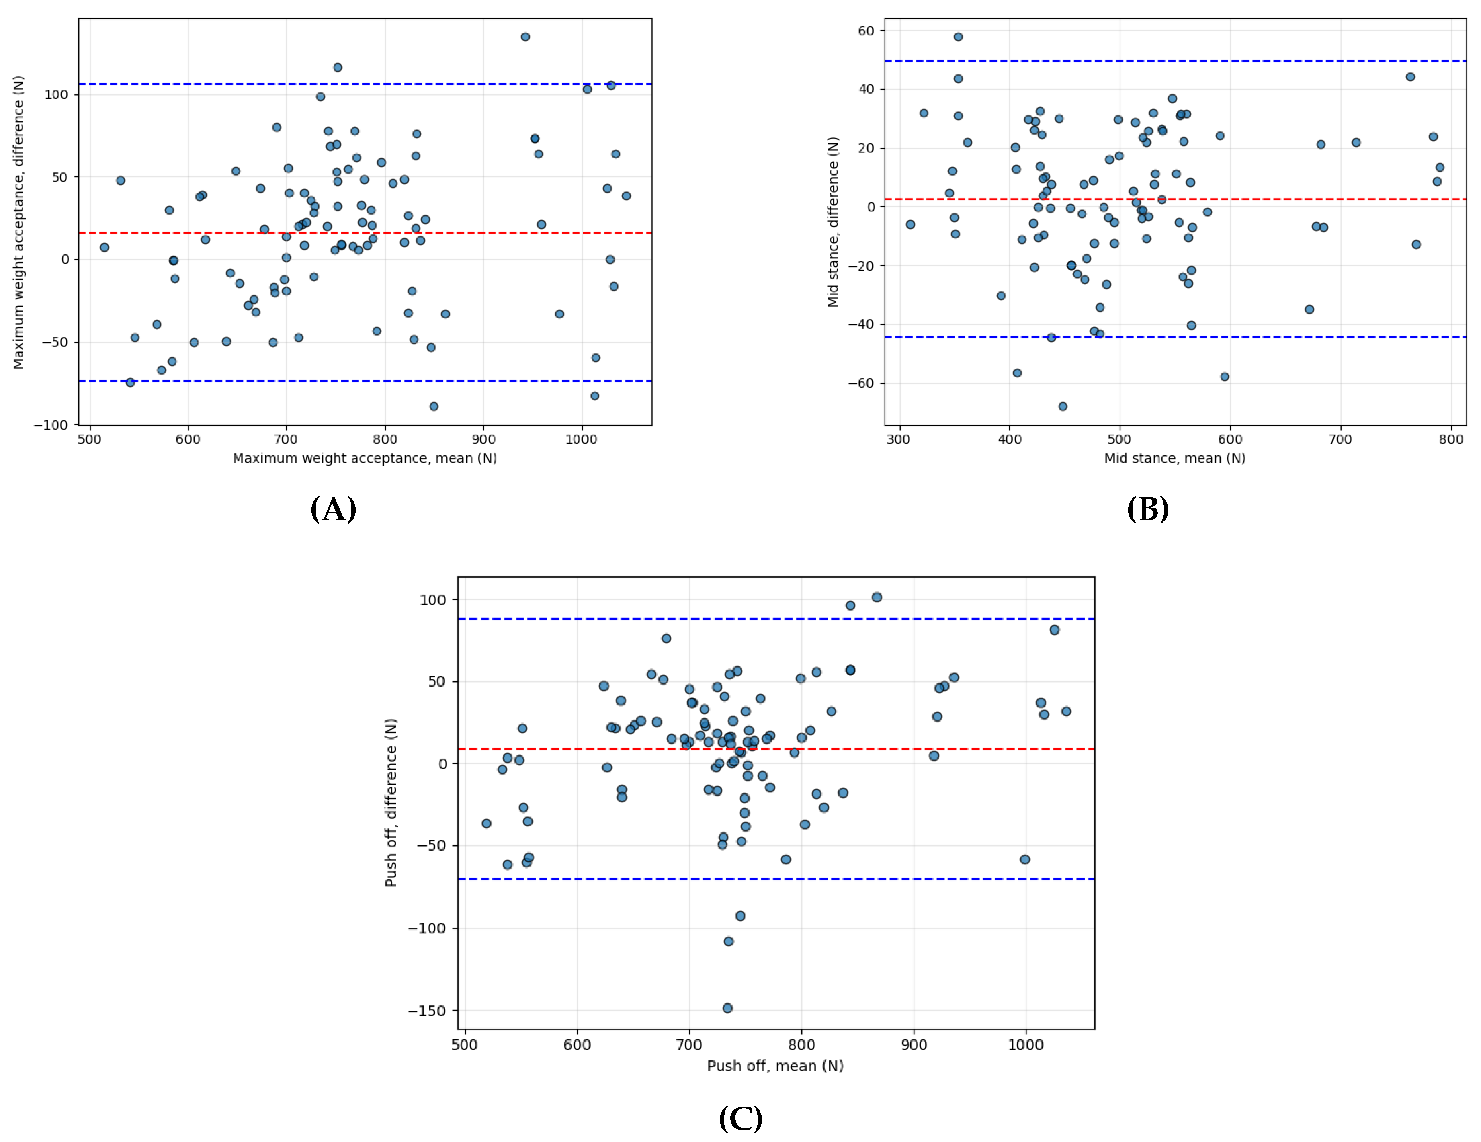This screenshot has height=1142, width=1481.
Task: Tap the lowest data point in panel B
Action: pos(1063,406)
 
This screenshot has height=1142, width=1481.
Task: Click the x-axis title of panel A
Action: pos(365,458)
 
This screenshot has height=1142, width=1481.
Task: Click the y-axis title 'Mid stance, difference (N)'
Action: pos(834,222)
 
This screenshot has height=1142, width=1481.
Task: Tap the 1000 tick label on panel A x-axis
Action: pos(581,439)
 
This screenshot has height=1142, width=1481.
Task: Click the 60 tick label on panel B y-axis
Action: pos(866,31)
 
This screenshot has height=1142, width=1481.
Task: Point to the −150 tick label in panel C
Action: pos(426,1011)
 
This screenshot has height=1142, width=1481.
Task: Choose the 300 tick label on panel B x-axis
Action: pos(899,439)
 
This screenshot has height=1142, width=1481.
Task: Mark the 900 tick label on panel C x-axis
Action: pos(914,1045)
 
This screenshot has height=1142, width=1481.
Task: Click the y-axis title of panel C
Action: pos(391,802)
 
